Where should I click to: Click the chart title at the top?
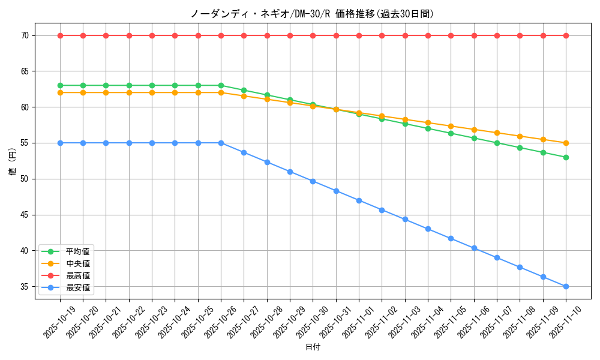coord(312,14)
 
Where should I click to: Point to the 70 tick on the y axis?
coord(25,35)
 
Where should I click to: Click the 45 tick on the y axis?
coord(25,215)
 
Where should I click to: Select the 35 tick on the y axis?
coord(25,287)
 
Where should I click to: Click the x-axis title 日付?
coord(312,347)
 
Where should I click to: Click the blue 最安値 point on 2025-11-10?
coord(566,286)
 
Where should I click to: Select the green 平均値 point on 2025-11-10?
coord(566,157)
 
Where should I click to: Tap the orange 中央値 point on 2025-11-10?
coord(566,143)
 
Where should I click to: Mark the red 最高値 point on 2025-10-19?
coord(60,35)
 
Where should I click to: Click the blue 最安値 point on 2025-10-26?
coord(221,143)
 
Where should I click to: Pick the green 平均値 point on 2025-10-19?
coord(60,85)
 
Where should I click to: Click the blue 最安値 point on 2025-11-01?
coord(359,200)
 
